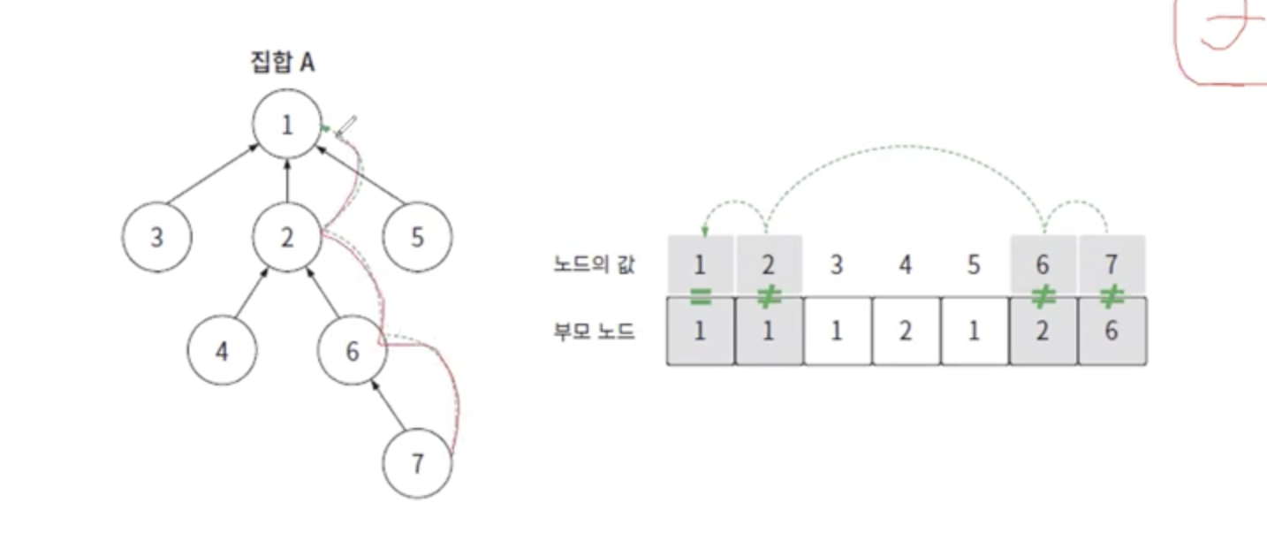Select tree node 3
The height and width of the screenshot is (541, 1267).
coord(156,237)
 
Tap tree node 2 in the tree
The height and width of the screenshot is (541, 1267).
coord(286,237)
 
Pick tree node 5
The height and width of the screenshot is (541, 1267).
coord(417,237)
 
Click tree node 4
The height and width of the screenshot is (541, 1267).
coord(222,351)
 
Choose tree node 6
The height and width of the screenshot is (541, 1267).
coord(352,351)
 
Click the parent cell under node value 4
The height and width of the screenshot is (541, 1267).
coord(906,331)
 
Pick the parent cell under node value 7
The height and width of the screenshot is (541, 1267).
coord(1111,331)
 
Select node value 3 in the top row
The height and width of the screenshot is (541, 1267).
coord(837,263)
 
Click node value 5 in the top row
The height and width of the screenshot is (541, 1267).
coord(974,263)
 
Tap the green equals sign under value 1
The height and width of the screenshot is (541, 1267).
coord(701,296)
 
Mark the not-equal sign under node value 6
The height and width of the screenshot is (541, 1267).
coord(1043,296)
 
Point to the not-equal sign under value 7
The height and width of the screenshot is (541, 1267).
coord(1111,296)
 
